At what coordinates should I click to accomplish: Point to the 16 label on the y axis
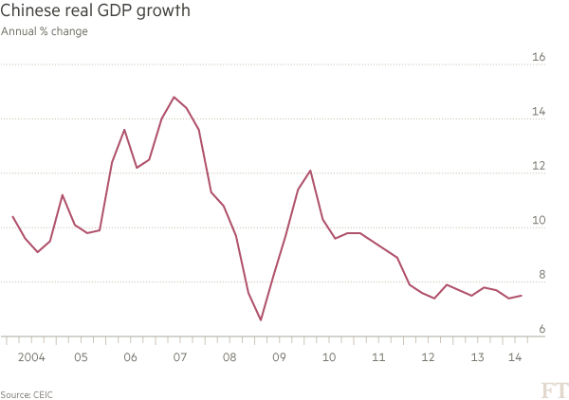tap(538, 58)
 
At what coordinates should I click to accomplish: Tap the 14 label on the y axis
tap(538, 113)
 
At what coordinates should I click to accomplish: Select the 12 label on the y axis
tap(538, 167)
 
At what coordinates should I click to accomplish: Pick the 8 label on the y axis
tap(541, 276)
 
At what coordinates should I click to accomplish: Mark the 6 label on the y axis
tap(541, 330)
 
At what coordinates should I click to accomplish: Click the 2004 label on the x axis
tap(30, 358)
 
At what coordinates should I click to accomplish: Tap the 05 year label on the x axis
tap(81, 358)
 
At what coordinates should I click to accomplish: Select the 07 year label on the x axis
tap(179, 358)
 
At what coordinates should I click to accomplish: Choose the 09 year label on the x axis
tap(279, 358)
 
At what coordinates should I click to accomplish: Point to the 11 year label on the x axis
tap(378, 358)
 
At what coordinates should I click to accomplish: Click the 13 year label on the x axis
tap(478, 358)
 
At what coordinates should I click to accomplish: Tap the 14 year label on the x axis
tap(516, 358)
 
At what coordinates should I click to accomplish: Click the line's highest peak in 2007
tap(174, 97)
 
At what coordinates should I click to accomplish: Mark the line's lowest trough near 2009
tap(261, 320)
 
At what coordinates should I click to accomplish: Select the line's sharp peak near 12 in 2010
tap(310, 171)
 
